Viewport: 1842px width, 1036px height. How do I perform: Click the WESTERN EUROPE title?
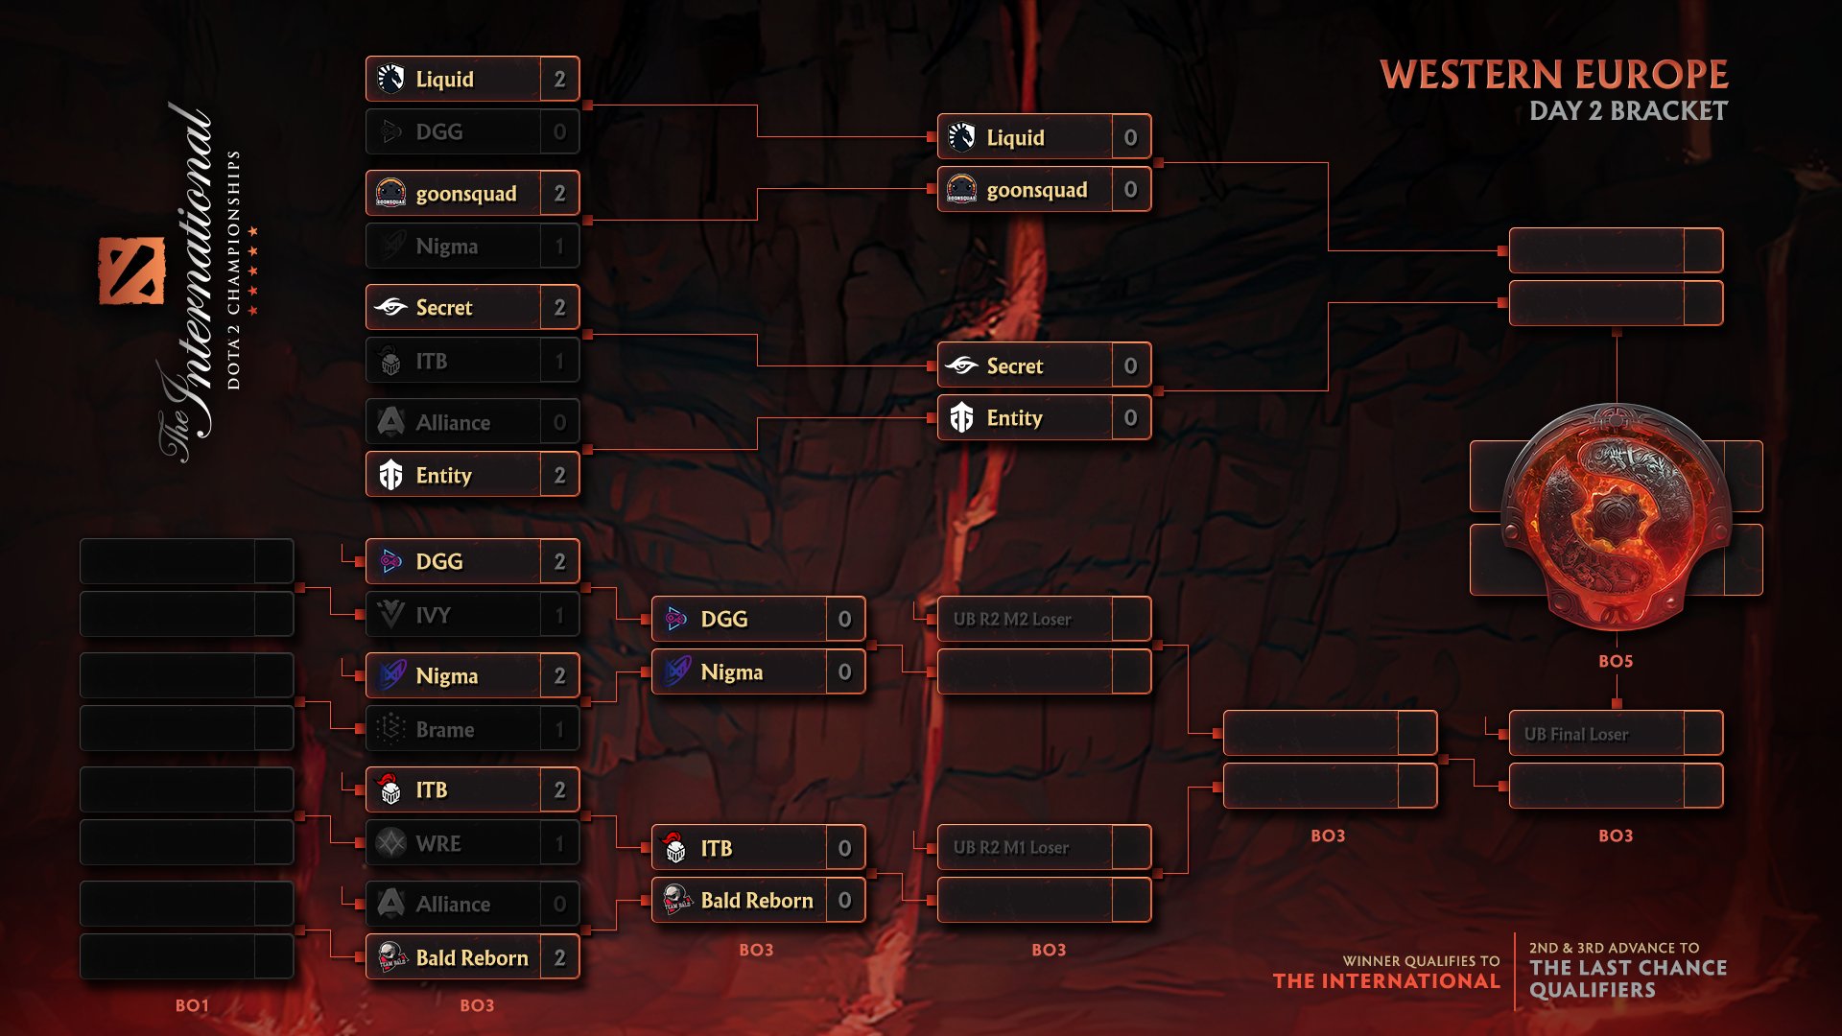(1553, 75)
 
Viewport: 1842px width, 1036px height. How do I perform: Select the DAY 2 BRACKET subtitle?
(1628, 111)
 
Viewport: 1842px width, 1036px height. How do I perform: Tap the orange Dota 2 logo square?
(131, 271)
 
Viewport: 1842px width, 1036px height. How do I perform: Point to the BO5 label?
(1616, 661)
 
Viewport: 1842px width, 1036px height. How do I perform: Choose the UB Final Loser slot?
(1576, 734)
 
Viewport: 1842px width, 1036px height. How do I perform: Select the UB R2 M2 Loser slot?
(1012, 620)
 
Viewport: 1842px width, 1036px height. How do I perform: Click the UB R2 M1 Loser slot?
(1011, 848)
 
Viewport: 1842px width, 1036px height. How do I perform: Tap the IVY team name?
(434, 615)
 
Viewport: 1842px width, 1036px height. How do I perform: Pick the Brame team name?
(445, 730)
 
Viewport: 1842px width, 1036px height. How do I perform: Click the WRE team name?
(438, 844)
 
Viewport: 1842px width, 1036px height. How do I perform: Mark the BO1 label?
(192, 1005)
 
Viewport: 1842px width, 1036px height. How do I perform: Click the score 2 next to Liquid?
(559, 80)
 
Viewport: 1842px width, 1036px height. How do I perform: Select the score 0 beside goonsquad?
(1130, 190)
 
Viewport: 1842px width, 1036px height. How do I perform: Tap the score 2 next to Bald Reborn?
(559, 958)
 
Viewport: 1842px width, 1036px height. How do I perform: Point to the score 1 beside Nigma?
(559, 247)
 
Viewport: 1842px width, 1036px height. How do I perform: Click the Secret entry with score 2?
(472, 308)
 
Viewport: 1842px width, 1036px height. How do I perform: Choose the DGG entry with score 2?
(472, 562)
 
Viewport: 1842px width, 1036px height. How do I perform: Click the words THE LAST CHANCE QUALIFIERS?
(1627, 978)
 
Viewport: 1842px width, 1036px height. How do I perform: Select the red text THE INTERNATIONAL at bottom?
(1385, 981)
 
